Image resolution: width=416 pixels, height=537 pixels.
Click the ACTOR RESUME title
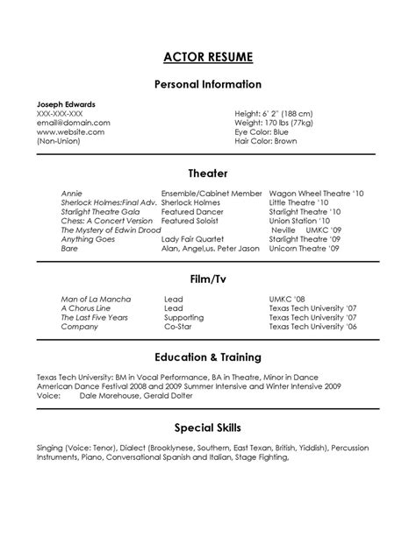(208, 58)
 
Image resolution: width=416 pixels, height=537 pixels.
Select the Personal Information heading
(208, 85)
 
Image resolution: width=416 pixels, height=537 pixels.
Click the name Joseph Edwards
(67, 104)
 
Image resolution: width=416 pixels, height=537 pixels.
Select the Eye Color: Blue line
(261, 131)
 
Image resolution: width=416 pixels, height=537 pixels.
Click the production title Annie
(71, 192)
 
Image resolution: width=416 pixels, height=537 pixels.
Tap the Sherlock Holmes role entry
(190, 201)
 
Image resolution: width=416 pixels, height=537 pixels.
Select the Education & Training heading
(208, 357)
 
